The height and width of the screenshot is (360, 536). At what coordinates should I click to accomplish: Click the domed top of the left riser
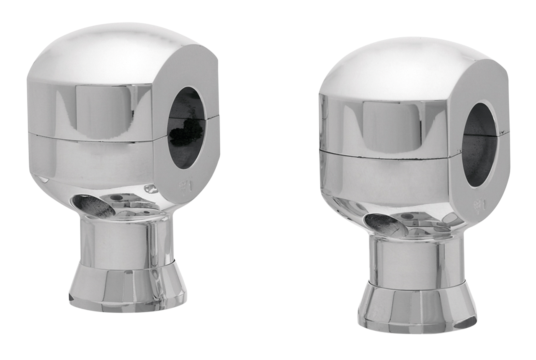[x=105, y=50]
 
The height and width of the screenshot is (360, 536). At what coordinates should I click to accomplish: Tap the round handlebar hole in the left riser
[x=187, y=128]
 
